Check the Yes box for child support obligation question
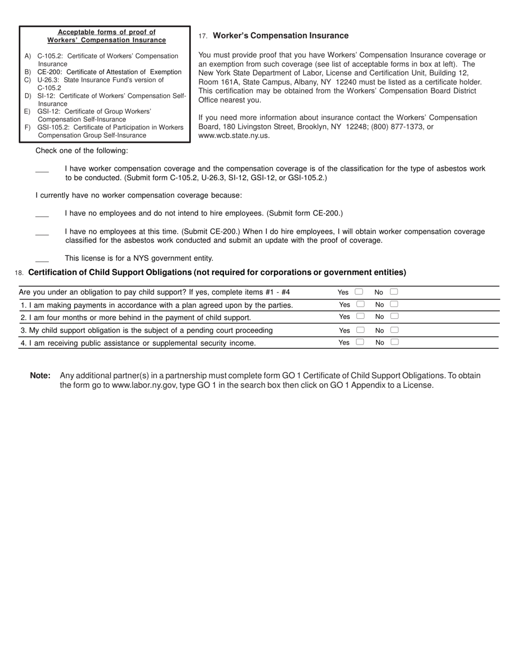(359, 292)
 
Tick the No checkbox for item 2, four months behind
(394, 316)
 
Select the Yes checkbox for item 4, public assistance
(360, 342)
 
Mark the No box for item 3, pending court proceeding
(394, 330)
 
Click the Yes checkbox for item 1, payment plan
(361, 304)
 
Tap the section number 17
(203, 36)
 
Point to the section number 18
(19, 273)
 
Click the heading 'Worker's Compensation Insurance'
(280, 36)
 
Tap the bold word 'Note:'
(40, 376)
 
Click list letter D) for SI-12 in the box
(28, 96)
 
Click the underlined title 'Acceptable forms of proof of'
(107, 32)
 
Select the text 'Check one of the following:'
(81, 151)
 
